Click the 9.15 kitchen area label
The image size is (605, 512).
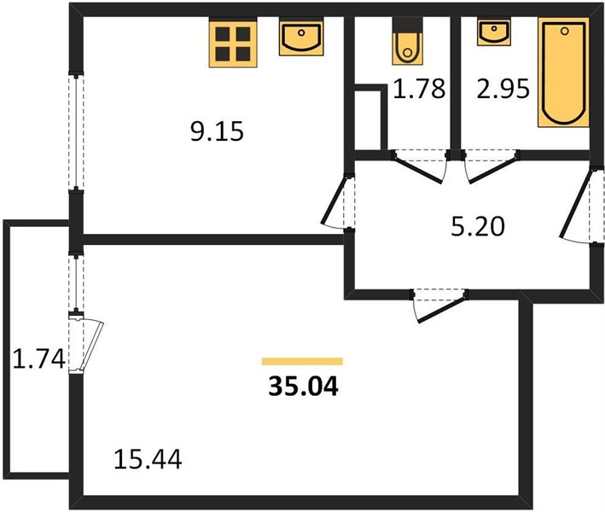(217, 131)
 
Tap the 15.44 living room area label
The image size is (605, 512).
(148, 459)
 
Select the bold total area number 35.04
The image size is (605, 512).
(303, 386)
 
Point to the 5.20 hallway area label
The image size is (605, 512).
(478, 226)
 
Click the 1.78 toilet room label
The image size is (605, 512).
(420, 89)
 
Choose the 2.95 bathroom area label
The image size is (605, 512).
(503, 89)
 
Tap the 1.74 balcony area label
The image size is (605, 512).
(38, 358)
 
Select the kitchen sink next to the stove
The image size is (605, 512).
(301, 38)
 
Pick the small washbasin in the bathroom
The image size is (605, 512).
(494, 32)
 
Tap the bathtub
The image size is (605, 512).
(564, 73)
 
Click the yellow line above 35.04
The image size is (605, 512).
(302, 361)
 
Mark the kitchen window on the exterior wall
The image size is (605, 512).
(77, 131)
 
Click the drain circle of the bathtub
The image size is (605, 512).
(565, 31)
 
